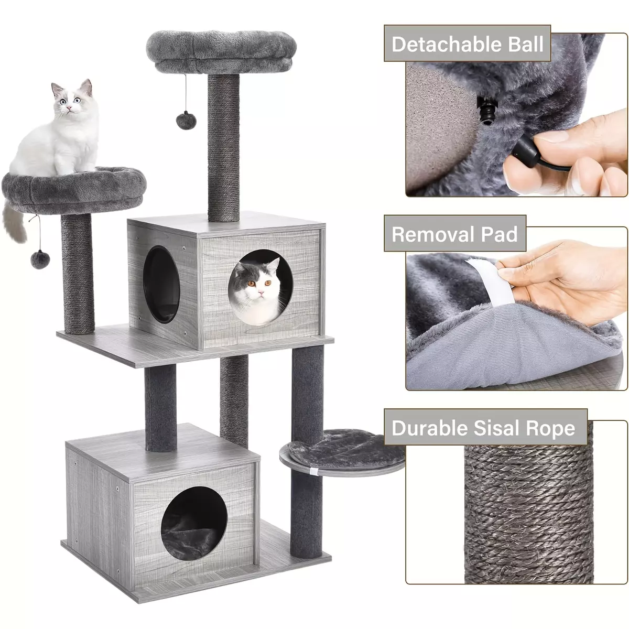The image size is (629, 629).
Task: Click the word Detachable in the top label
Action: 446,44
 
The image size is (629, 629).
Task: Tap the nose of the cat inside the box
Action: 260,290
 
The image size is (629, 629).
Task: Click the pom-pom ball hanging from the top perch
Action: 186,120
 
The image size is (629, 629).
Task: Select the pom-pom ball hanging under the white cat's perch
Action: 40,259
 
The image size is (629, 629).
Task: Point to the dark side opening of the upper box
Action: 161,284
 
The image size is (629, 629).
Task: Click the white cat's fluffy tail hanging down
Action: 14,222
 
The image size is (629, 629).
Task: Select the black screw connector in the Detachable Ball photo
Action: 485,110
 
